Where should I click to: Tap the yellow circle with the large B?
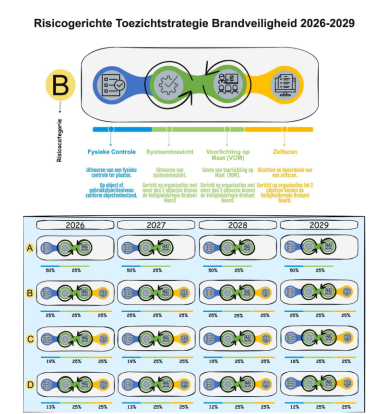[60, 86]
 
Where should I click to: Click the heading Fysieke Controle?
[111, 152]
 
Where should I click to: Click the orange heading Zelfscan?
[285, 152]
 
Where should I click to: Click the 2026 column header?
[75, 225]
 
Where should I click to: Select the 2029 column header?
[319, 225]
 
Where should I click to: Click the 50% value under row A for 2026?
[49, 271]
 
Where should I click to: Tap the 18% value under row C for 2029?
[294, 361]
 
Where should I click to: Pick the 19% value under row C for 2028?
[213, 361]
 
